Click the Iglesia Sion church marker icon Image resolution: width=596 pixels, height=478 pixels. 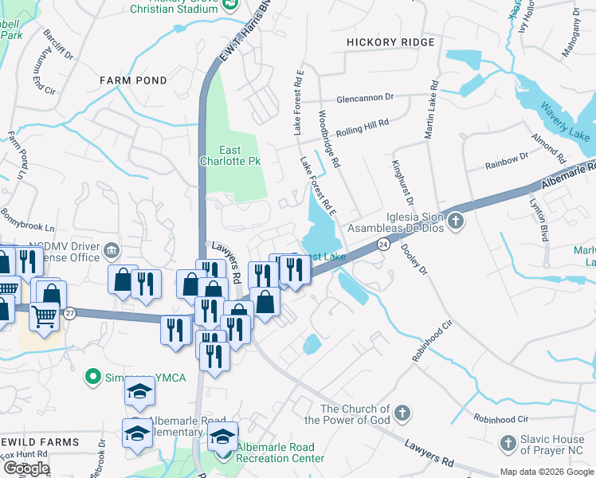coord(455,220)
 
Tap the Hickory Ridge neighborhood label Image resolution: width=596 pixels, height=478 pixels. coord(390,42)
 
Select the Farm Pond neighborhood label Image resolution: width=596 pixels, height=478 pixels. coord(133,80)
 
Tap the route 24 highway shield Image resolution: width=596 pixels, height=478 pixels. coord(384,244)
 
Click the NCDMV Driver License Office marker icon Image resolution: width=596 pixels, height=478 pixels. coord(112,252)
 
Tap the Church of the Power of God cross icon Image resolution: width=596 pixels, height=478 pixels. coord(403,413)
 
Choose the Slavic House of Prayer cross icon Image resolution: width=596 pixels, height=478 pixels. coord(508,442)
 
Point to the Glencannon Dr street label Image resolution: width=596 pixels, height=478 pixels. coord(365,97)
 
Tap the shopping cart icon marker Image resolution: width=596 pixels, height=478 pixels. coord(44,316)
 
